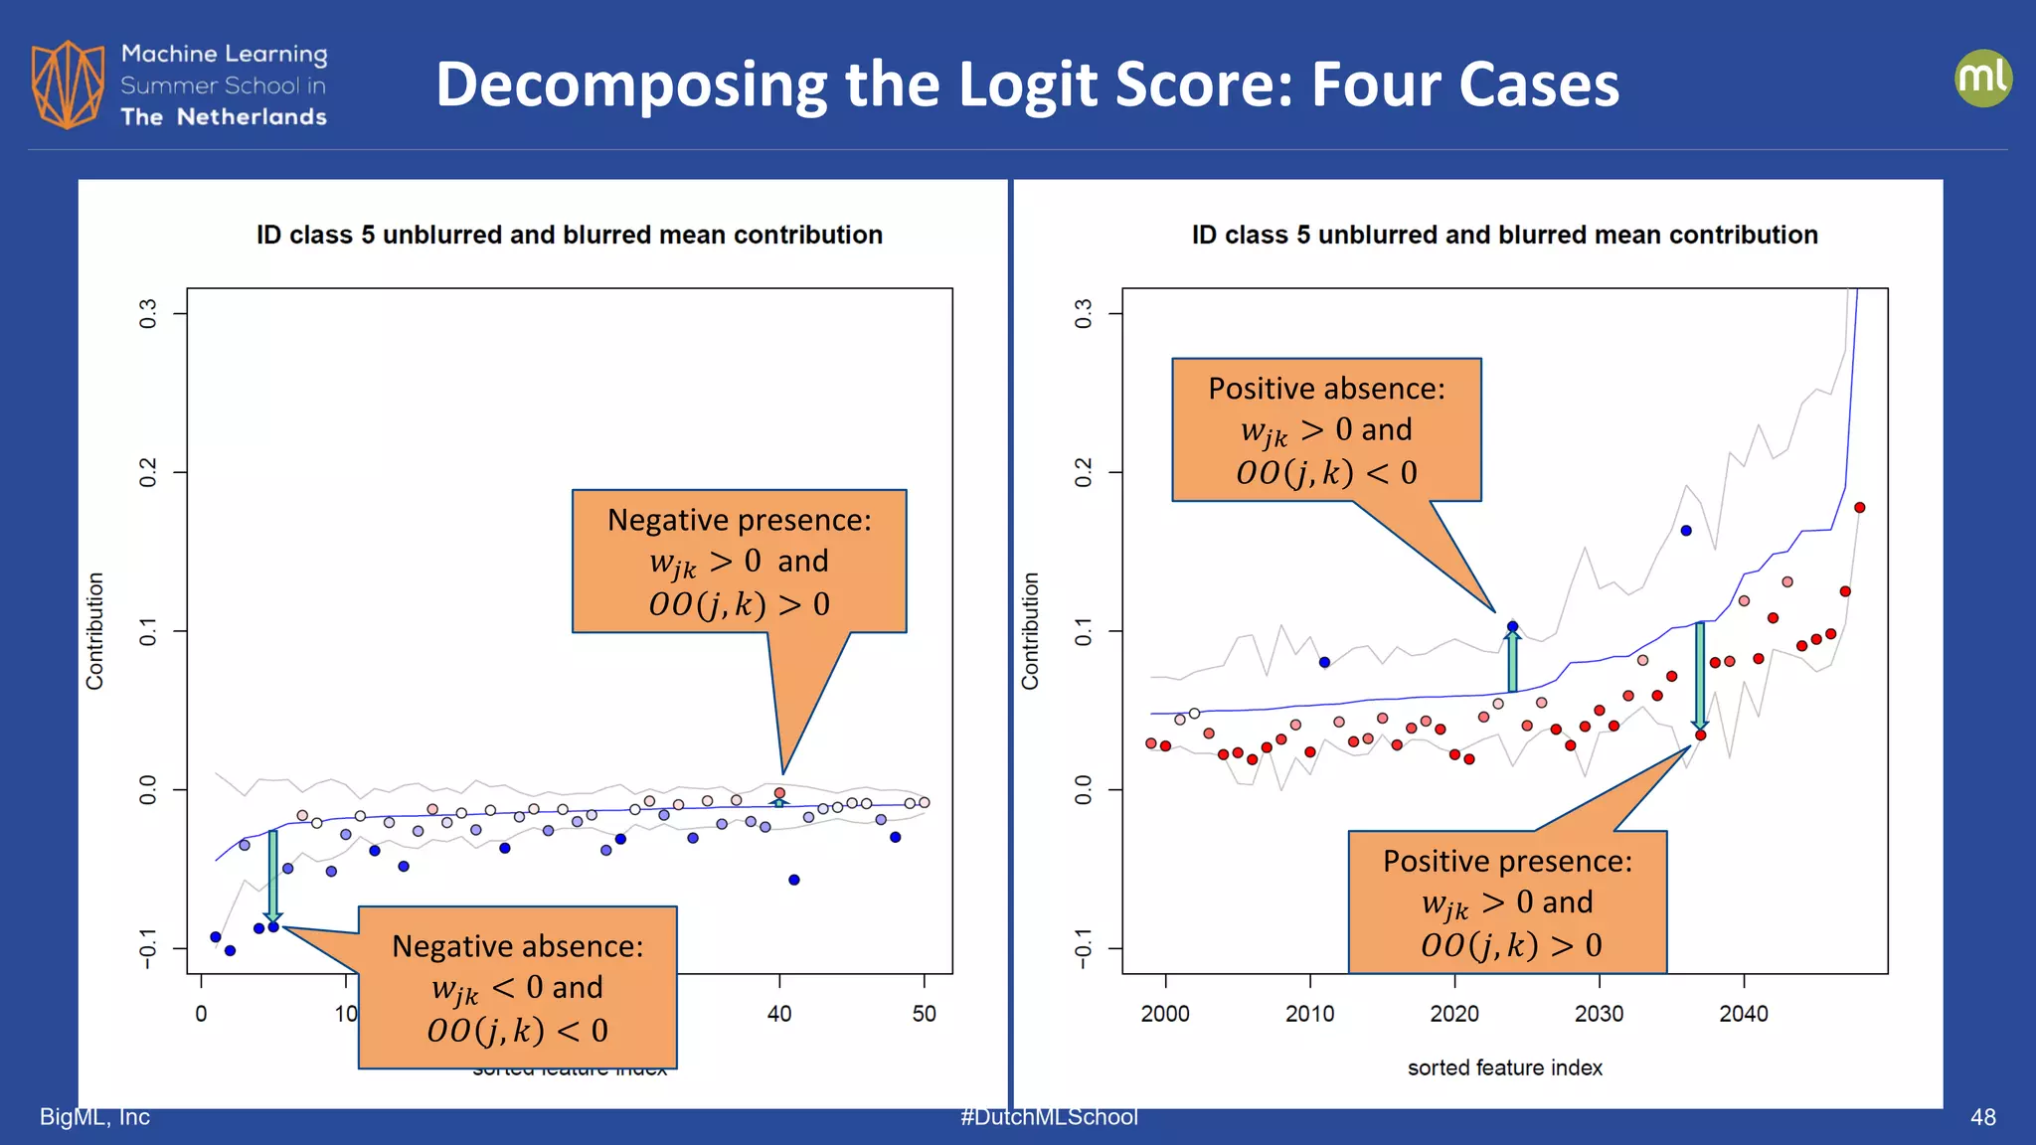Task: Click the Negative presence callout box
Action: (x=739, y=561)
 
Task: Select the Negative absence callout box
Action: (x=517, y=987)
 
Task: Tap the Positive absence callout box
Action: (x=1326, y=429)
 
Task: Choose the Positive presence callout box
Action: (x=1507, y=901)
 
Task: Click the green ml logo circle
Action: (x=1982, y=78)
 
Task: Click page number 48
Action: (x=1982, y=1117)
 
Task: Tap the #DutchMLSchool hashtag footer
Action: (x=1049, y=1117)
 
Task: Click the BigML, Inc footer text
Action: (x=94, y=1117)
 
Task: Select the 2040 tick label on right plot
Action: (x=1744, y=1014)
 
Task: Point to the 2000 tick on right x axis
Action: (x=1165, y=1014)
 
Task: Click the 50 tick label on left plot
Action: (x=924, y=1014)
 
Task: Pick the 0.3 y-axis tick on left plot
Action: (x=148, y=314)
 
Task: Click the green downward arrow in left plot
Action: (x=273, y=875)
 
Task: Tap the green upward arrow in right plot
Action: (x=1512, y=660)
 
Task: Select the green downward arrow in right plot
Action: (x=1700, y=676)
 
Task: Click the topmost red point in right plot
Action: (x=1859, y=508)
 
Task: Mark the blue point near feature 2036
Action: (x=1686, y=531)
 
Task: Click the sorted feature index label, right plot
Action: (x=1504, y=1067)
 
